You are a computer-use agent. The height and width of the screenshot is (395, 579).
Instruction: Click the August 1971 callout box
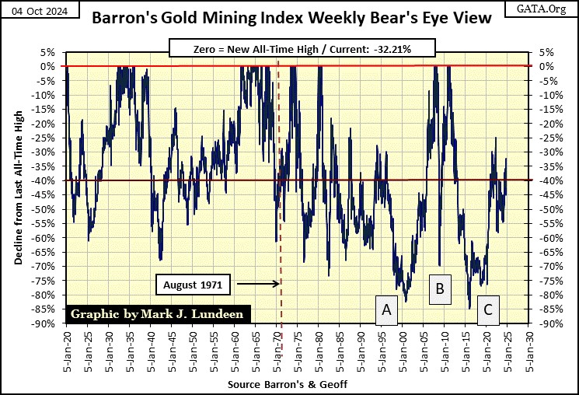pos(193,285)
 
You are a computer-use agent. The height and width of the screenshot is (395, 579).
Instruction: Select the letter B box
pos(440,289)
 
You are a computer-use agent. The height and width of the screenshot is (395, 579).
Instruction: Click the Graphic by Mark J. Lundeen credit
pos(159,315)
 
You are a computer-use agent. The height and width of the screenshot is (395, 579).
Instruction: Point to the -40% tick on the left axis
pos(46,180)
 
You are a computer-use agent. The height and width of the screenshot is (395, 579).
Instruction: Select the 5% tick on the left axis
pos(49,52)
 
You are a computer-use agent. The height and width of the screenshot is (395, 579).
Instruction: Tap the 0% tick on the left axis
pos(49,66)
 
